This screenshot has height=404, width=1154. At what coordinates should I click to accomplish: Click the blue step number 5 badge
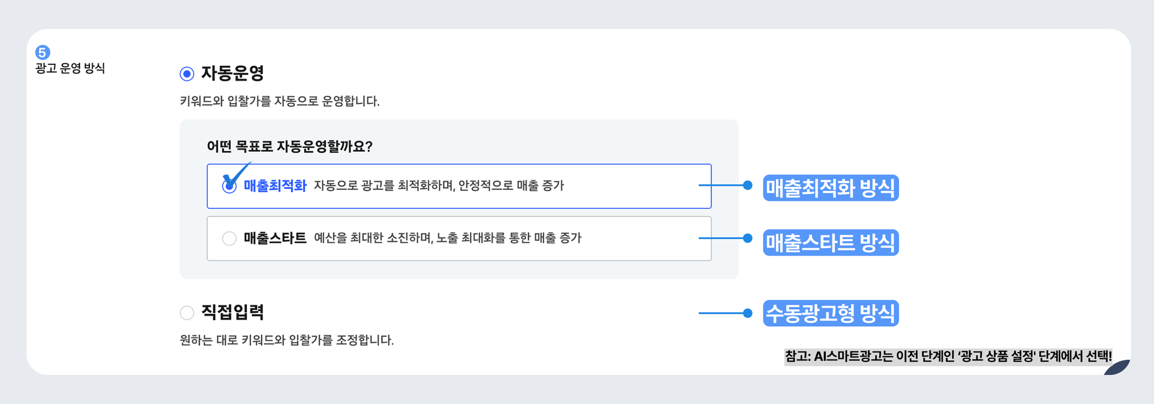pos(43,53)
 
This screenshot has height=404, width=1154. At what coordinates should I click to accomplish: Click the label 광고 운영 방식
pos(70,68)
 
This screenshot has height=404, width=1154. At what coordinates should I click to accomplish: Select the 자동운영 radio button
pos(187,74)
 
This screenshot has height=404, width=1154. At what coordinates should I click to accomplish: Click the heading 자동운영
pos(233,73)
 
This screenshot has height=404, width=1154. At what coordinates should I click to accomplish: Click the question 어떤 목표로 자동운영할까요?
pos(290,147)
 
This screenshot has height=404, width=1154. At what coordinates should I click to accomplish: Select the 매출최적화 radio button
pos(229,186)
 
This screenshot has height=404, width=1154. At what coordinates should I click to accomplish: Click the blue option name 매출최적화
pos(275,186)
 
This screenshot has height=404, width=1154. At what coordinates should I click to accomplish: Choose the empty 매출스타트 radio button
pos(229,238)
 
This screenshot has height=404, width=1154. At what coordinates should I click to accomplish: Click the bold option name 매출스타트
pos(275,238)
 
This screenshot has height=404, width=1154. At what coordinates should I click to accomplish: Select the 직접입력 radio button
pos(187,313)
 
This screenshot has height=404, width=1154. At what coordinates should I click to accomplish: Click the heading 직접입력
pos(233,312)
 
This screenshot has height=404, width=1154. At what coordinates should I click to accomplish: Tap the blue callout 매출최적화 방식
pos(830,188)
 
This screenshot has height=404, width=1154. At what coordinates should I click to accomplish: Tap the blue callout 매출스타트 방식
pos(830,242)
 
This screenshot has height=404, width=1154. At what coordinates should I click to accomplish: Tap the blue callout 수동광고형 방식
pos(830,313)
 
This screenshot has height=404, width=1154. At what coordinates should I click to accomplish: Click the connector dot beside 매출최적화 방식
pos(748,185)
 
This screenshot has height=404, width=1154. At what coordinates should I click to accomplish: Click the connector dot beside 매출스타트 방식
pos(748,238)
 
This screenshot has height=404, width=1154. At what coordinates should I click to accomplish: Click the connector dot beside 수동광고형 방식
pos(748,313)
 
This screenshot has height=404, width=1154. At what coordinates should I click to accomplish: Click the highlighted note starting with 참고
pos(947,357)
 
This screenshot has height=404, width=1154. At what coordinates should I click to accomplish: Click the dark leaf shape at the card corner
pos(1118,368)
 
